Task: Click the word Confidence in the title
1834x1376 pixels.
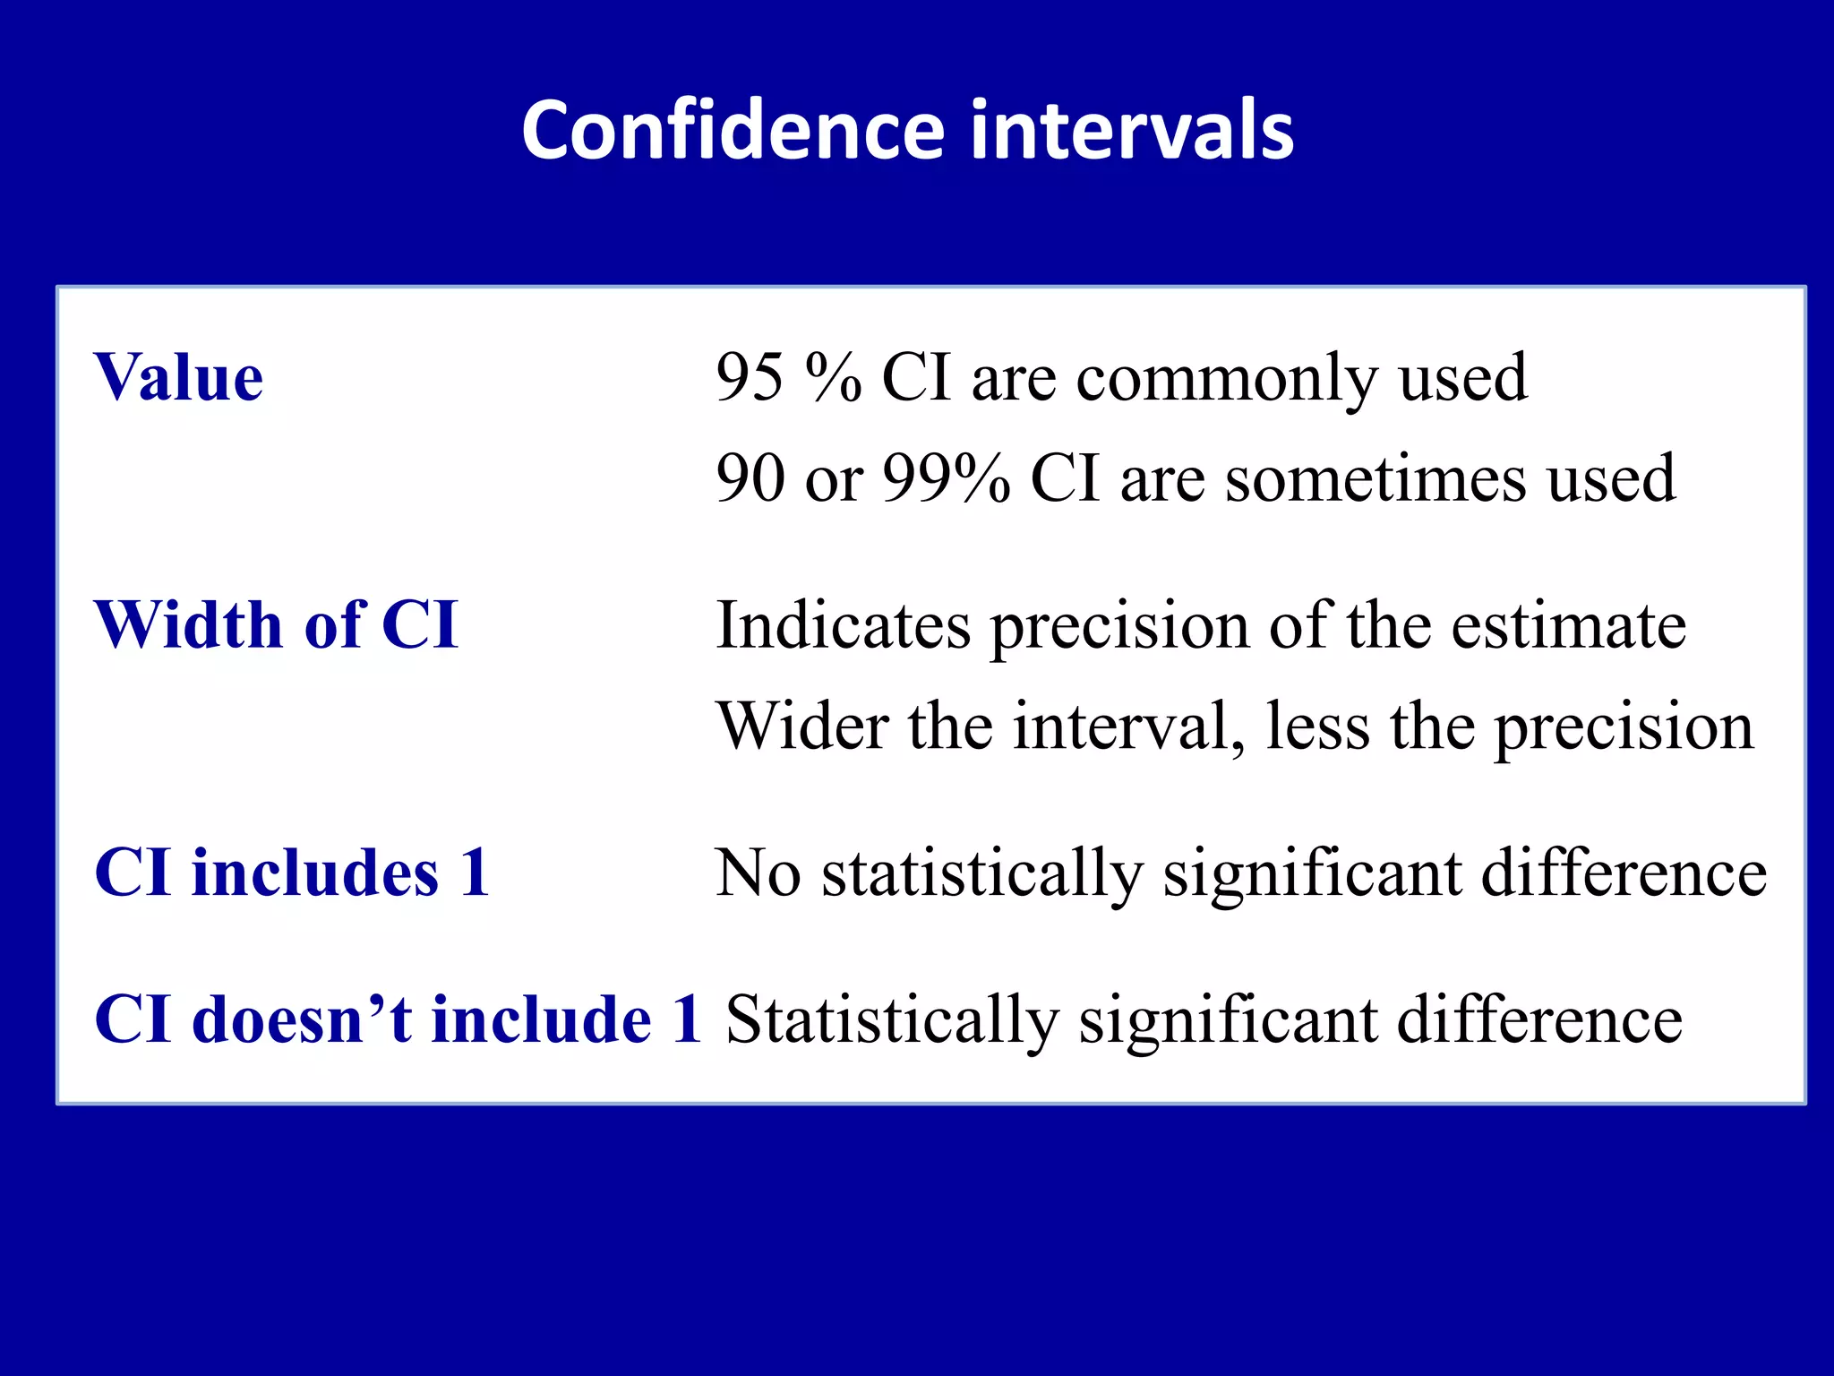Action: click(x=733, y=131)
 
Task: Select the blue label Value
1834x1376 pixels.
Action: click(x=179, y=377)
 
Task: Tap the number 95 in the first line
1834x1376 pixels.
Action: click(x=749, y=377)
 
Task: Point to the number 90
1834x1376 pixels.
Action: click(x=749, y=478)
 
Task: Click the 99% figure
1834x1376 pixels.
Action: click(x=947, y=478)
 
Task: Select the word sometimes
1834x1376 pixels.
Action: click(x=1375, y=478)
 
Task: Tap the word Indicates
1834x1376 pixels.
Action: click(x=844, y=624)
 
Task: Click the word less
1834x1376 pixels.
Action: click(x=1317, y=726)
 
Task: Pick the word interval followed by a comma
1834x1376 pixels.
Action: click(x=1127, y=726)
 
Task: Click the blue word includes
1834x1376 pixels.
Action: click(x=315, y=873)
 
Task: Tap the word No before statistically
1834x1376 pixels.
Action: click(x=758, y=873)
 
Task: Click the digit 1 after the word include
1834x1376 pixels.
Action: click(x=688, y=1019)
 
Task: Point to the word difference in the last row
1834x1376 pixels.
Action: click(x=1539, y=1019)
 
